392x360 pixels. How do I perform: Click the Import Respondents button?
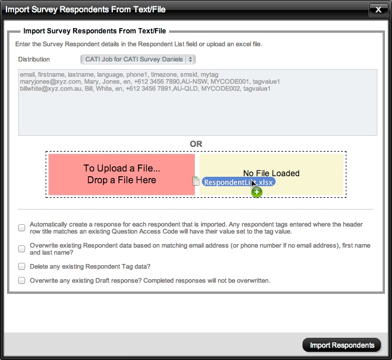[x=342, y=345]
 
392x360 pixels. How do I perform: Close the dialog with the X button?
[x=376, y=10]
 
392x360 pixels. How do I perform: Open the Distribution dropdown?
[x=137, y=59]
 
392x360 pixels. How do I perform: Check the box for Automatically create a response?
[x=22, y=227]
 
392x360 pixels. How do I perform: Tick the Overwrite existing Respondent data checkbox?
[x=22, y=249]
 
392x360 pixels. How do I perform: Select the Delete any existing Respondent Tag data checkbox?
[x=22, y=266]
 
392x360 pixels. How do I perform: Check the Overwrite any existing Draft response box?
[x=22, y=280]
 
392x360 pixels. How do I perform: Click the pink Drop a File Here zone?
[x=122, y=174]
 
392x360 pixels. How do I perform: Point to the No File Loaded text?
[x=271, y=173]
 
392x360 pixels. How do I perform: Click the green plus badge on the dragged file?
[x=257, y=192]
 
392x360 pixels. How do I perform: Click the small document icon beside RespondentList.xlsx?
[x=196, y=181]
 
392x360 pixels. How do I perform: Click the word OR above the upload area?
[x=196, y=144]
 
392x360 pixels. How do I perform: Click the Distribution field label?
[x=34, y=59]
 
